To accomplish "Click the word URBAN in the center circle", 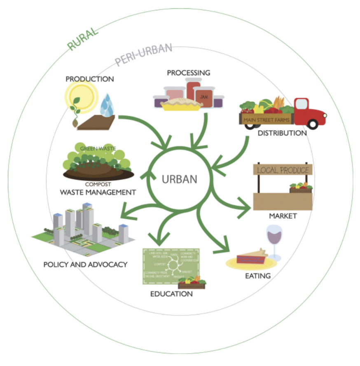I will [180, 179].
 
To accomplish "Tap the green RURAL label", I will [84, 39].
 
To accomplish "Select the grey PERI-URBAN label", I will [143, 54].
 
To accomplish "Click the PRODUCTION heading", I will [89, 79].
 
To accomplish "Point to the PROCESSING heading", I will [188, 73].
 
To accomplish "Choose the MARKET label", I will [283, 216].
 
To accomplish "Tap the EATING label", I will [259, 276].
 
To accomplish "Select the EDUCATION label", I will [171, 294].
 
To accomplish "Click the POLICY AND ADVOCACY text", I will [85, 264].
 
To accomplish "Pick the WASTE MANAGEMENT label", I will [98, 192].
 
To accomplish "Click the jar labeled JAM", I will [204, 97].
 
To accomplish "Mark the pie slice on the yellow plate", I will [252, 258].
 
